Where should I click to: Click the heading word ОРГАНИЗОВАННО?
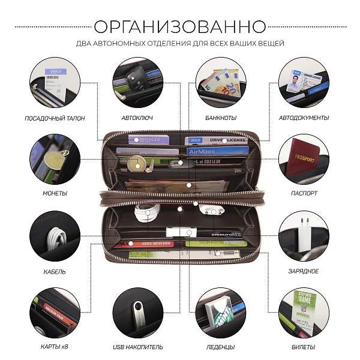180,26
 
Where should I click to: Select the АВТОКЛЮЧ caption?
137,118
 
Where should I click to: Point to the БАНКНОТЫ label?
220,118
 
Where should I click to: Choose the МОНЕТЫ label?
55,193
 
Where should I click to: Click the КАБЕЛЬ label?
55,271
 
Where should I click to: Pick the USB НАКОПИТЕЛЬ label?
137,347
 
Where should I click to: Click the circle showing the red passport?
304,159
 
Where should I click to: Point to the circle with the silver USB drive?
137,313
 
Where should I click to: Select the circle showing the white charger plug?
304,237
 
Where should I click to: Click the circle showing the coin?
55,159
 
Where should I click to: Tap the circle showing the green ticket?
304,313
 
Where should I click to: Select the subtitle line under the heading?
180,43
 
